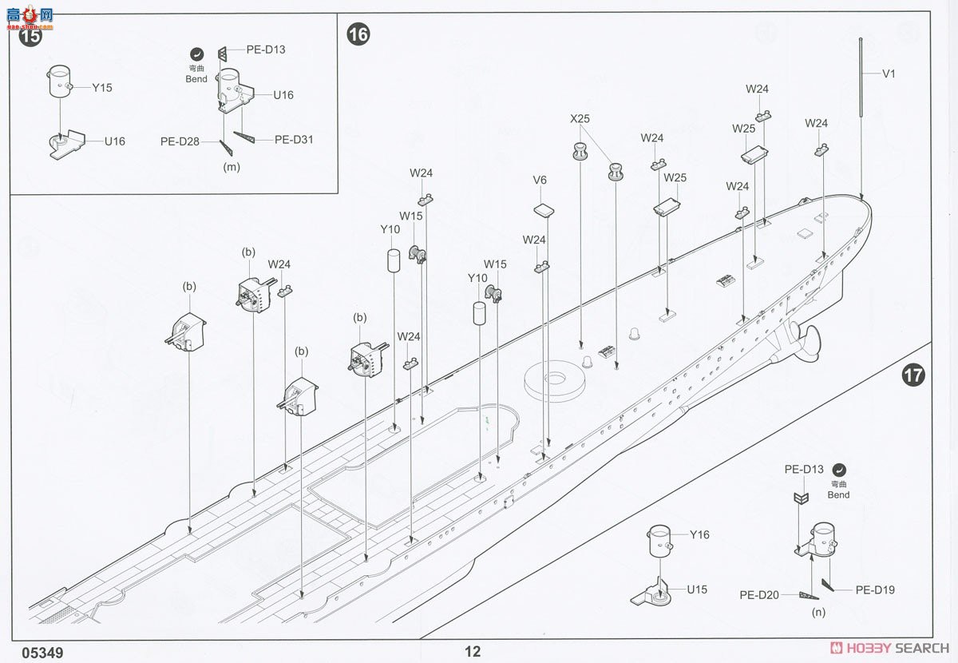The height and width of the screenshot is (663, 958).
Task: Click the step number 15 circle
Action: coord(30,37)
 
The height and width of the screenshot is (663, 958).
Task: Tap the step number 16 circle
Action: coord(358,35)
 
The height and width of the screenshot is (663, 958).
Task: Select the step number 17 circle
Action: coord(913,375)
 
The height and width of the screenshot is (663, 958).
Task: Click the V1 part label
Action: coord(889,73)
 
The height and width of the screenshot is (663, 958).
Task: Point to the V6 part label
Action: coord(540,181)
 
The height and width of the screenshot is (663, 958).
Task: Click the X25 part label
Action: coord(580,118)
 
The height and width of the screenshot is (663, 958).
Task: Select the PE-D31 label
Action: coord(294,139)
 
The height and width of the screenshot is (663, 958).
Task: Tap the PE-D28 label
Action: coord(179,141)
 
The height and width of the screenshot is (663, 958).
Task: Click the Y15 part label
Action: coord(101,88)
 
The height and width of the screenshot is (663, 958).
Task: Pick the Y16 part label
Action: coord(699,535)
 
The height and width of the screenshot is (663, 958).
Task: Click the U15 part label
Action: coord(698,590)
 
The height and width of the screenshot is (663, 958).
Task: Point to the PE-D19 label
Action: coord(875,590)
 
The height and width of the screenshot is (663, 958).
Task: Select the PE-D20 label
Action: coord(758,594)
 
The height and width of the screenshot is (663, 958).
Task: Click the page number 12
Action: coord(473,652)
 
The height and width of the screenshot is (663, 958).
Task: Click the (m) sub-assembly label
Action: coord(232,167)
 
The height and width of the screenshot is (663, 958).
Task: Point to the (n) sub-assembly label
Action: coord(817,613)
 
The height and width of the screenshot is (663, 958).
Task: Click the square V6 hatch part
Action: coord(543,211)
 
